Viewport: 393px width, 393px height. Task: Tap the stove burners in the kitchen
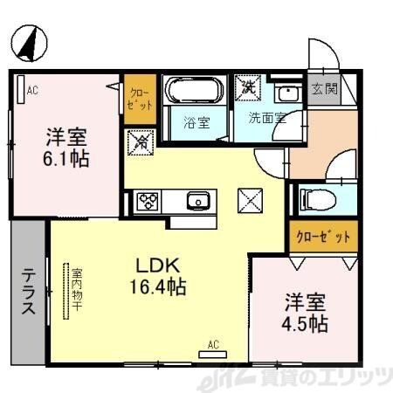click(x=146, y=202)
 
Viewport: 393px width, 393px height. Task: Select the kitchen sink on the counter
click(x=198, y=202)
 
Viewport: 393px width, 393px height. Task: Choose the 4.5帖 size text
click(x=305, y=323)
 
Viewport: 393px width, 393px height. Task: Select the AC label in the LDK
click(x=213, y=345)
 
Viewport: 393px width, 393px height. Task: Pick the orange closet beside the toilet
click(x=322, y=236)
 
